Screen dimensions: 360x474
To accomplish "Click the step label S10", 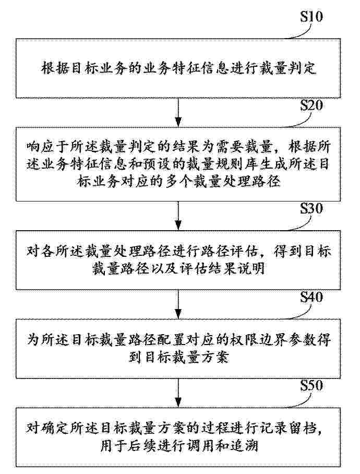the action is point(311,16).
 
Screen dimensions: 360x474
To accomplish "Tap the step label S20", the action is point(311,105).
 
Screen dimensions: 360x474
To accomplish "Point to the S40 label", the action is point(311,297).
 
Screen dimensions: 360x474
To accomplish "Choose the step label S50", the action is point(311,386).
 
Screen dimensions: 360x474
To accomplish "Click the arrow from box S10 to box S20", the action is point(179,112).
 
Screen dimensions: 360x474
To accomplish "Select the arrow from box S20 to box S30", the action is point(179,216).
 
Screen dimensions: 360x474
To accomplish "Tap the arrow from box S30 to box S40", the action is point(179,304).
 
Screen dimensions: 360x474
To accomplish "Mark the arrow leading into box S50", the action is point(179,393).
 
